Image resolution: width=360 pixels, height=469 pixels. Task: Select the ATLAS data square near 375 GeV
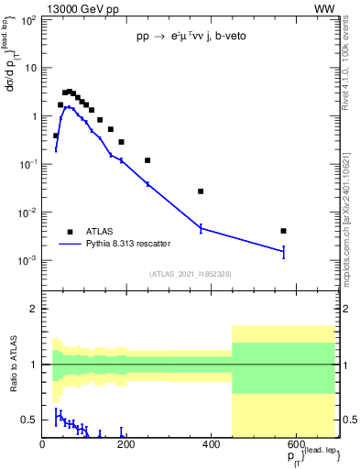click(201, 191)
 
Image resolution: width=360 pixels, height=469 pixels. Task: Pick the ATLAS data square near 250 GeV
click(147, 160)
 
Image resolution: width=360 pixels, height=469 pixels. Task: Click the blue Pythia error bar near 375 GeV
click(201, 228)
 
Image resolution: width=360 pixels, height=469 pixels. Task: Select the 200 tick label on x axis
click(126, 444)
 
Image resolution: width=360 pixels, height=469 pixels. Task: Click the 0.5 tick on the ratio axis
click(30, 420)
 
